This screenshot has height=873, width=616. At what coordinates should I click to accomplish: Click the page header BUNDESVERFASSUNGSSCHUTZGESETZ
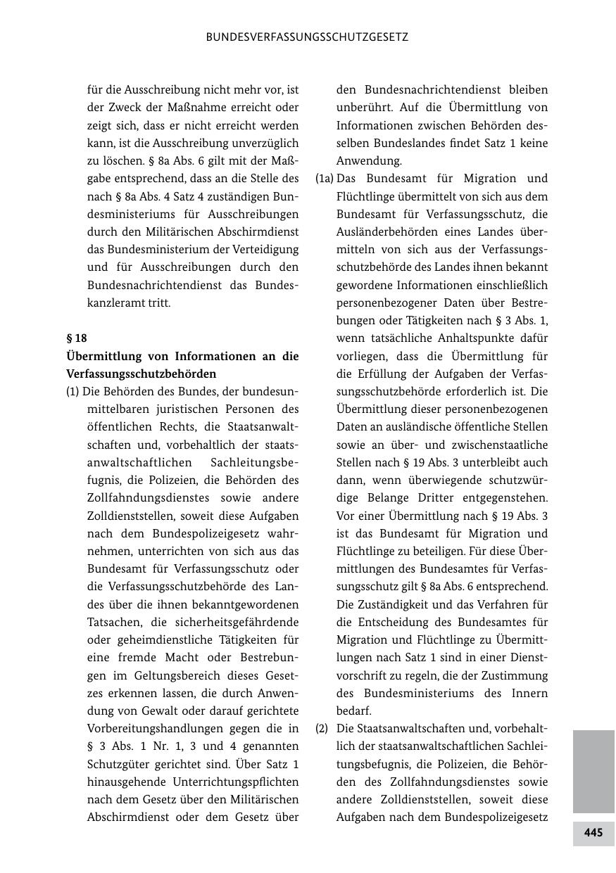click(307, 37)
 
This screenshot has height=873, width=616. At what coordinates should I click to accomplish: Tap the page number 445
click(593, 833)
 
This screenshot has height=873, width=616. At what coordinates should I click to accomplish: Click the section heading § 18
click(77, 338)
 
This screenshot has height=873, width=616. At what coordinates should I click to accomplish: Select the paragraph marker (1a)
click(324, 179)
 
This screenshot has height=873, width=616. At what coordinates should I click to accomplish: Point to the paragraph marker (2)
click(322, 729)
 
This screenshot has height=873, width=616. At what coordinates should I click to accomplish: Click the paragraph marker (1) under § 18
click(73, 391)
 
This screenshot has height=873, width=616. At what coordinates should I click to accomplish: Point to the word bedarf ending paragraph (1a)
click(353, 711)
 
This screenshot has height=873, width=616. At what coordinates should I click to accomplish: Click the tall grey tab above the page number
click(593, 771)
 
